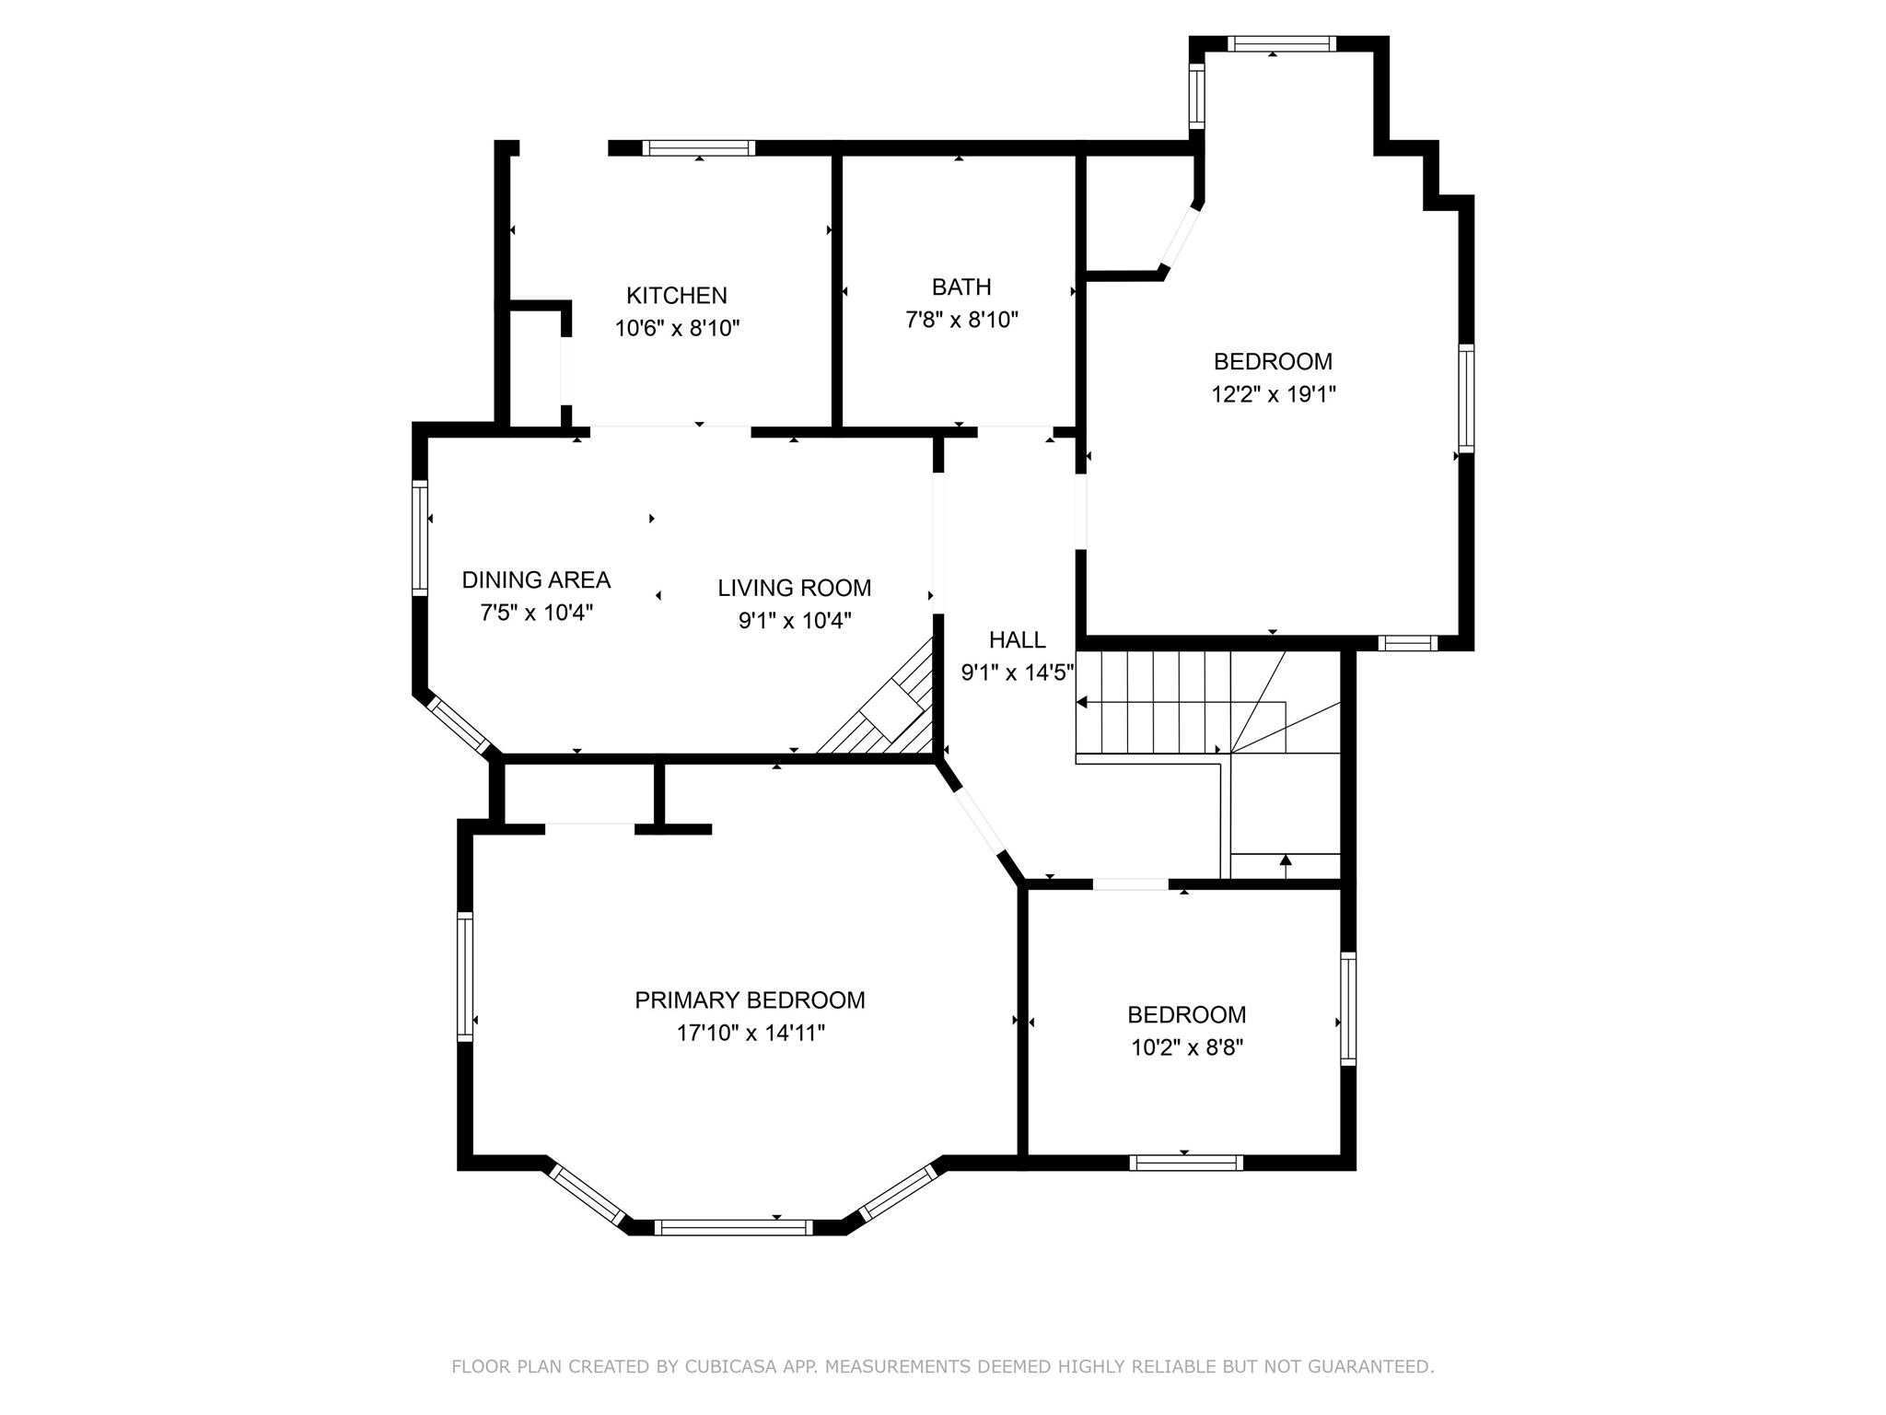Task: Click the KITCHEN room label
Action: click(x=677, y=296)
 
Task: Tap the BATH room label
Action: click(x=961, y=287)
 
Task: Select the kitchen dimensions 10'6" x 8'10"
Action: click(x=678, y=328)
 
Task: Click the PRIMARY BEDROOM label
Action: click(x=751, y=1000)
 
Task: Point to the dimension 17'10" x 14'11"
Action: click(x=751, y=1034)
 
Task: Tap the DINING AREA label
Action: click(x=536, y=580)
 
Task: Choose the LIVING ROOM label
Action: click(x=795, y=588)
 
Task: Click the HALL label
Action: click(x=1018, y=639)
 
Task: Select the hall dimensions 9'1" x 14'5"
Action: click(x=1018, y=672)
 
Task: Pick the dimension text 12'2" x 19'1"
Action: click(x=1274, y=394)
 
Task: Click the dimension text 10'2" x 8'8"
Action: click(x=1187, y=1048)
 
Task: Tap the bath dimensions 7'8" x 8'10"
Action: click(x=961, y=321)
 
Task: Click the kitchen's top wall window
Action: click(x=699, y=147)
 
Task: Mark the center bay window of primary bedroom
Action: click(x=734, y=1227)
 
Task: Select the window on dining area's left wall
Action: click(x=420, y=537)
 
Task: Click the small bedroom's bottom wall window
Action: click(x=1186, y=1163)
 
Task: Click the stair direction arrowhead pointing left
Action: click(x=1082, y=703)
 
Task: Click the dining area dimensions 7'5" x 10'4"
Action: click(x=536, y=614)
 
